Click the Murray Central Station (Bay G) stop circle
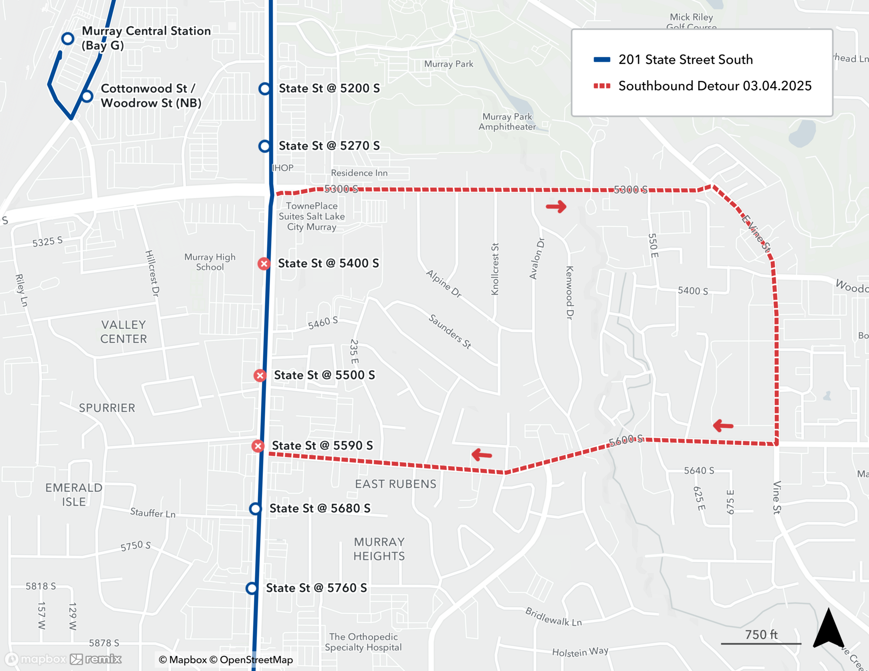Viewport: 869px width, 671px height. pyautogui.click(x=67, y=39)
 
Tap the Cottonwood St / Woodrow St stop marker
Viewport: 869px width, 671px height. pyautogui.click(x=87, y=96)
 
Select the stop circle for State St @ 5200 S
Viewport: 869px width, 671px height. pyautogui.click(x=265, y=89)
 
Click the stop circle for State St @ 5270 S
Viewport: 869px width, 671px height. pyautogui.click(x=265, y=146)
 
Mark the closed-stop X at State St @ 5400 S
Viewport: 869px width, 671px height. pyautogui.click(x=264, y=264)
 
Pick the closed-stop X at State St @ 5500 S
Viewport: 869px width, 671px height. pyautogui.click(x=260, y=376)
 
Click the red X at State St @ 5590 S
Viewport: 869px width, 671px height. pyautogui.click(x=258, y=446)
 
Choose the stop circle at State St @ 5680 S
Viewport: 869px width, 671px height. pyautogui.click(x=255, y=509)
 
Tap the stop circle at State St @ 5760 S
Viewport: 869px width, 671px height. pyautogui.click(x=252, y=588)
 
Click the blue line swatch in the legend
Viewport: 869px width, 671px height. pyautogui.click(x=602, y=59)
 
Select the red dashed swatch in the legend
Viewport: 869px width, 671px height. pyautogui.click(x=602, y=86)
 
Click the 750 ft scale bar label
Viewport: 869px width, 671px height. pyautogui.click(x=761, y=635)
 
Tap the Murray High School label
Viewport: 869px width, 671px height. pyautogui.click(x=210, y=262)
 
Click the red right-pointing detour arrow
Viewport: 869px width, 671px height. pyautogui.click(x=556, y=207)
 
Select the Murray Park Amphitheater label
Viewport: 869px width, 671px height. pyautogui.click(x=507, y=122)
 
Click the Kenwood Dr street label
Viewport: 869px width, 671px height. pyautogui.click(x=570, y=293)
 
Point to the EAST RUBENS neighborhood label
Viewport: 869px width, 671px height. pyautogui.click(x=395, y=484)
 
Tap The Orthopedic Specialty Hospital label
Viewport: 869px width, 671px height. pyautogui.click(x=363, y=642)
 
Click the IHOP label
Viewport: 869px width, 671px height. pyautogui.click(x=283, y=168)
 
